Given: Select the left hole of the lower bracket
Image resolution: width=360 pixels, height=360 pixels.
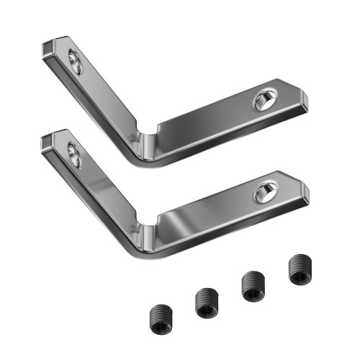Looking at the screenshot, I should (73, 155).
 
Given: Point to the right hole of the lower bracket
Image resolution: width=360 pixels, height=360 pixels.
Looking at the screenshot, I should (264, 192).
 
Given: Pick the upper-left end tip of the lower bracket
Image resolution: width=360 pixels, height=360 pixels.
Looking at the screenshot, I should (48, 138).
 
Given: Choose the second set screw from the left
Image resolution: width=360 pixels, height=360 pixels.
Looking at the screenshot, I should (206, 302).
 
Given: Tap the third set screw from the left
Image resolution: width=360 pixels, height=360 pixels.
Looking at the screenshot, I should (253, 285).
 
